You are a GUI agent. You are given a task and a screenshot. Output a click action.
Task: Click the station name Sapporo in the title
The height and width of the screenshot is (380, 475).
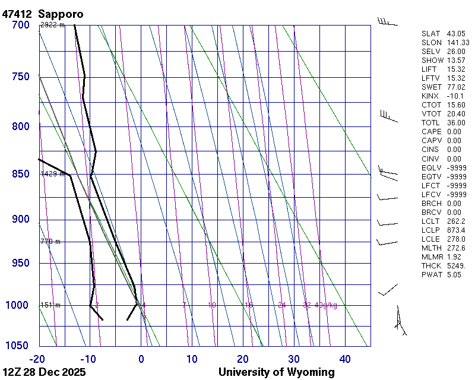tap(61, 14)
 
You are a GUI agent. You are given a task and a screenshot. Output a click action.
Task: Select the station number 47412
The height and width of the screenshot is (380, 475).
tap(17, 14)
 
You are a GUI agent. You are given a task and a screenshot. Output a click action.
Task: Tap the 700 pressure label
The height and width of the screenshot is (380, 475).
tap(20, 26)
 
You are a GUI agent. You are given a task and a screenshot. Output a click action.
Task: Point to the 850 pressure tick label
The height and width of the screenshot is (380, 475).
tap(20, 175)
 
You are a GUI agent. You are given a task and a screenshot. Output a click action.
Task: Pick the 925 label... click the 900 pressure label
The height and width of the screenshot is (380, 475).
tap(20, 220)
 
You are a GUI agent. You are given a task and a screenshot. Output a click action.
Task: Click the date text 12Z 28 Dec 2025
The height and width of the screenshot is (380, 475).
tap(44, 372)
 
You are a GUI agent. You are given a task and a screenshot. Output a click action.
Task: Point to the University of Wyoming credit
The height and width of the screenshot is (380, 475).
tap(277, 372)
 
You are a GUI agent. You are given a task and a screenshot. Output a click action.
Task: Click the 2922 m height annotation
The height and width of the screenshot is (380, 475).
tap(52, 25)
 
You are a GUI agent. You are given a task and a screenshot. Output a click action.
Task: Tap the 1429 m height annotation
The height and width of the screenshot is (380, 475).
tap(52, 174)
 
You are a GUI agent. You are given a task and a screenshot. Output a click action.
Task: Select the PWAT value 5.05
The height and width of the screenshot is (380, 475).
tap(454, 274)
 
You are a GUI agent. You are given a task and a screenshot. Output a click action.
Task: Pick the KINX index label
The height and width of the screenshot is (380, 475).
tap(430, 96)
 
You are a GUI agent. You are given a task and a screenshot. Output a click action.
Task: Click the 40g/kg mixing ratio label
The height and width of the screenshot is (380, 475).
tap(327, 305)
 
